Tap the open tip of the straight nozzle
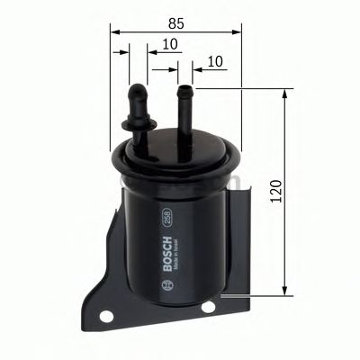pos(186,88)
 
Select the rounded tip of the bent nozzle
pos(139,89)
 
